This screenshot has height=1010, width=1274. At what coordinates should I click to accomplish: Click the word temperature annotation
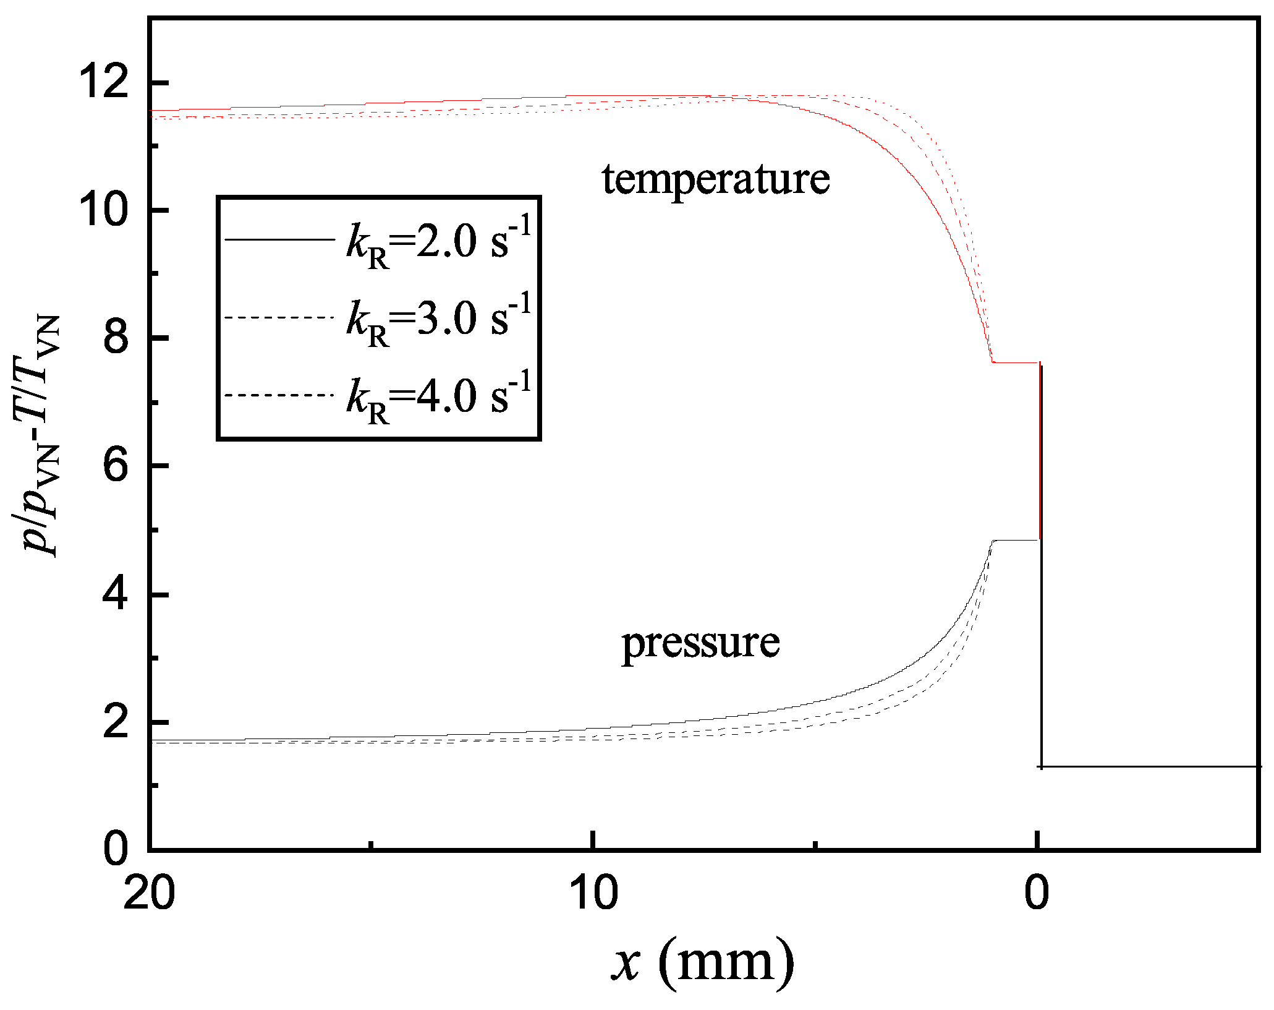pos(716,179)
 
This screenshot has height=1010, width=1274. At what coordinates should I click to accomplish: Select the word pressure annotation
pos(700,643)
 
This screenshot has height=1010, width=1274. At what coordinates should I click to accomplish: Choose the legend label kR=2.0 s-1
pos(438,242)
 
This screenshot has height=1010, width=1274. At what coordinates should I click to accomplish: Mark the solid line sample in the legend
pos(279,239)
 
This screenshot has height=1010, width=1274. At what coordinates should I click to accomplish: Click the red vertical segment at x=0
pos(1040,452)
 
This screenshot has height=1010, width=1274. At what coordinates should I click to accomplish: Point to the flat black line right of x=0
pos(1150,767)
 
